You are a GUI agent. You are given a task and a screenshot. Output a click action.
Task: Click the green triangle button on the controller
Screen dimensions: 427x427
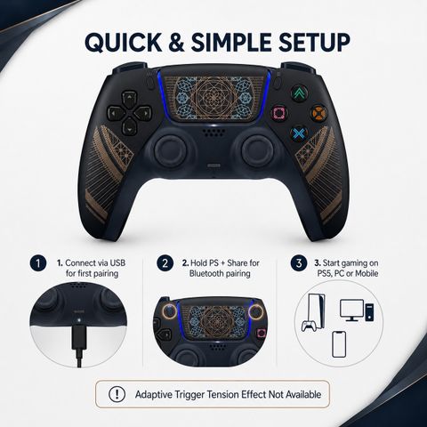click(x=299, y=93)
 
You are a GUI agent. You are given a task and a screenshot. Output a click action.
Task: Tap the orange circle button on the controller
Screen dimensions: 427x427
click(x=319, y=113)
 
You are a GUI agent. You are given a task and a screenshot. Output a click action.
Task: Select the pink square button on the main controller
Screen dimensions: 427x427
click(x=280, y=113)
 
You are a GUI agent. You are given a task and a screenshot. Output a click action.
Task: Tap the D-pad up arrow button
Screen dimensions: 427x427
click(x=129, y=99)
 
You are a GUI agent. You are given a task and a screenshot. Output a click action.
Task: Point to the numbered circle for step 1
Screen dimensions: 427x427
click(x=38, y=263)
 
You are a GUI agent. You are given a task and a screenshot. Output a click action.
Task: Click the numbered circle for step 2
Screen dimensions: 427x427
click(x=165, y=263)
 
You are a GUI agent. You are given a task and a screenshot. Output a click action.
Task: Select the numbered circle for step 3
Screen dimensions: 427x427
click(x=299, y=263)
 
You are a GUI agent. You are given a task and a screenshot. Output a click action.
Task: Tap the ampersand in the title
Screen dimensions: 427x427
click(x=176, y=42)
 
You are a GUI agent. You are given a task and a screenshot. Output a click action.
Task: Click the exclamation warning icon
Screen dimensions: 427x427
click(x=117, y=394)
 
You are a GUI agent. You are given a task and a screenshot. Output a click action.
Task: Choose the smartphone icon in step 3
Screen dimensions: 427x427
click(x=339, y=344)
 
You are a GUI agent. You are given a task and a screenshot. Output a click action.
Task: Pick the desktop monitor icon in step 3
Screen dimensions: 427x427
click(x=351, y=310)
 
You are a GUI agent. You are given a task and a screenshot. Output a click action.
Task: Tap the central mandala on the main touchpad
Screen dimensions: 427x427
click(x=213, y=97)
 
